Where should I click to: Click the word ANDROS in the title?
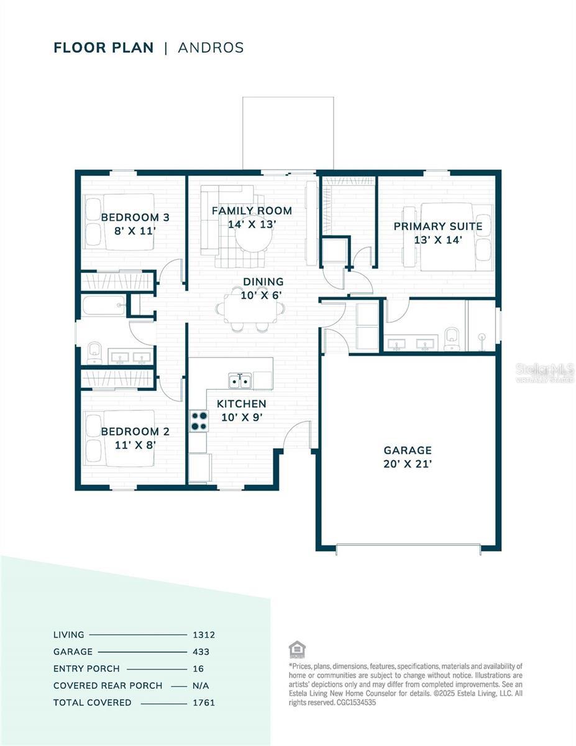(211, 48)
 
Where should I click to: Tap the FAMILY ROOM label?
(252, 211)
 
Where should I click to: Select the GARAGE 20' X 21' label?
(407, 457)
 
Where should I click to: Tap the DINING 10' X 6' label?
(263, 288)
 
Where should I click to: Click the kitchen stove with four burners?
(199, 421)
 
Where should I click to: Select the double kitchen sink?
(239, 380)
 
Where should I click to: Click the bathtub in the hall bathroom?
(104, 305)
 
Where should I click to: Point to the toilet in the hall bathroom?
(94, 351)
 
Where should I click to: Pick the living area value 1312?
(203, 635)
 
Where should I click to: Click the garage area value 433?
(201, 652)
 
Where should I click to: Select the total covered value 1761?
(203, 702)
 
